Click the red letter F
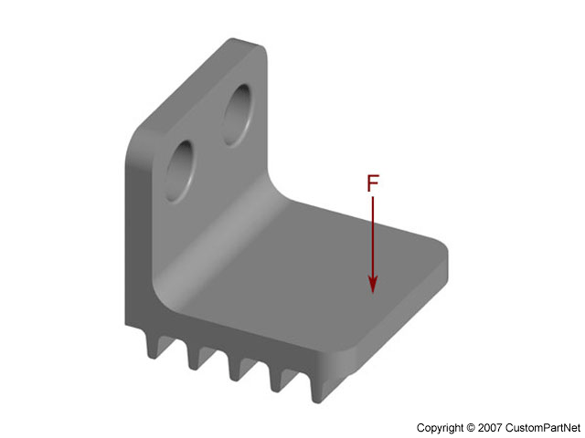click(x=372, y=182)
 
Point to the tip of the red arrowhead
click(x=373, y=292)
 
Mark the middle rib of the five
click(x=237, y=368)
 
